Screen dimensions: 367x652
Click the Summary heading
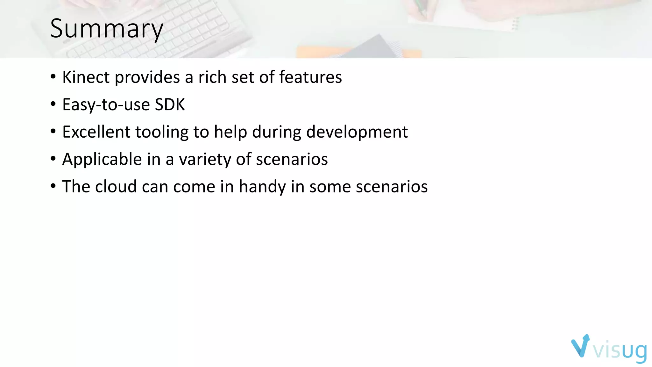[107, 29]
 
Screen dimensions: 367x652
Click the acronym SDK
[170, 104]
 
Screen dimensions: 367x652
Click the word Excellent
[96, 132]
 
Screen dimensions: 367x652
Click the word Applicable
[102, 159]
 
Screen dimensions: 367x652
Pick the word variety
[205, 159]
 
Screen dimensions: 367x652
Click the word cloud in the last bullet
[116, 187]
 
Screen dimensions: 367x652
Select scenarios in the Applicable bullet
[292, 159]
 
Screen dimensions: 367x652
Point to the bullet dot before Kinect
[53, 77]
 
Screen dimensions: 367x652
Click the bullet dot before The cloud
[53, 186]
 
